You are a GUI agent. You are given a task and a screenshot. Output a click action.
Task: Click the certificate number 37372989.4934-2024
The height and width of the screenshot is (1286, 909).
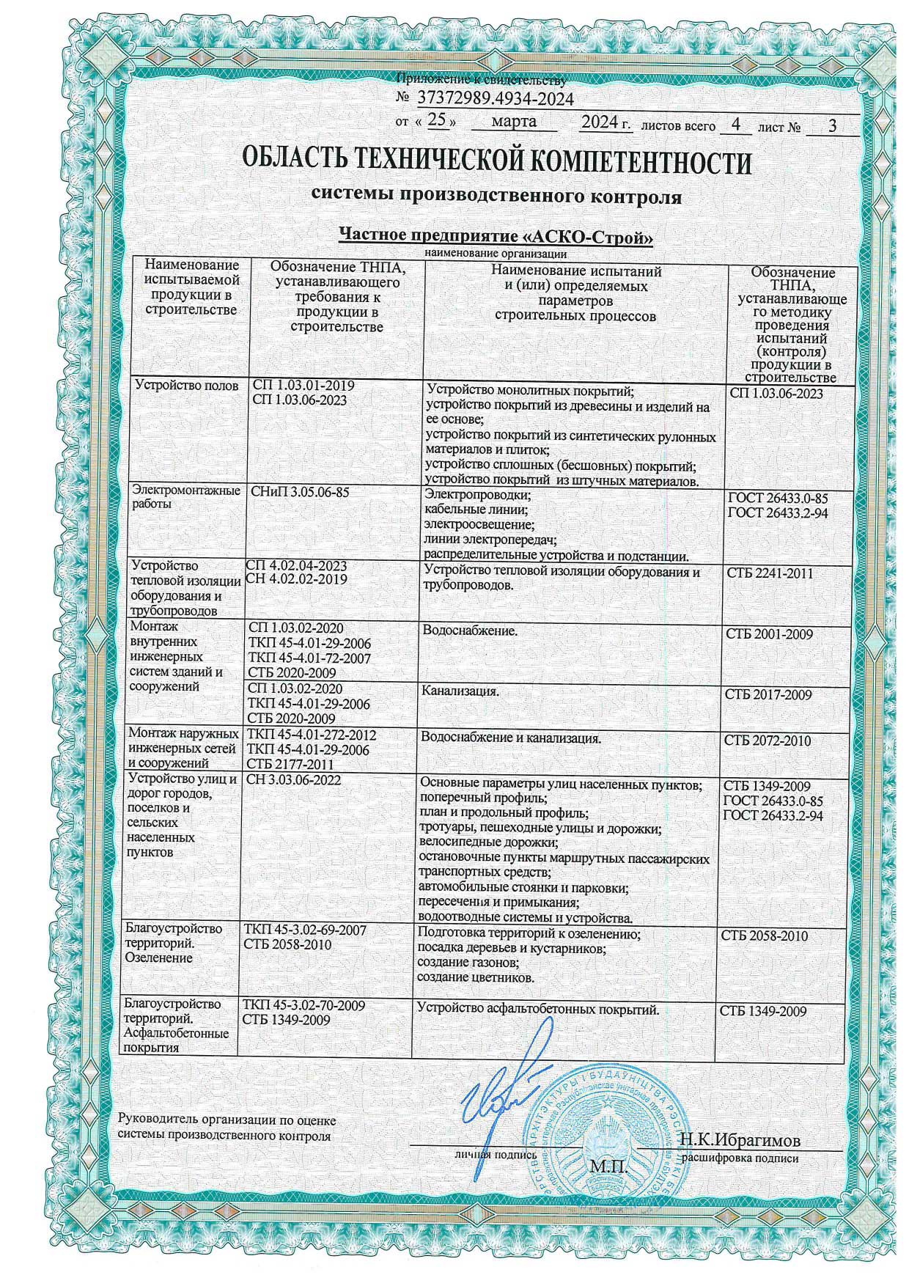click(495, 99)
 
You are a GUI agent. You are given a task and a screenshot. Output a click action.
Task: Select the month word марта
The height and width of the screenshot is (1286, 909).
click(513, 122)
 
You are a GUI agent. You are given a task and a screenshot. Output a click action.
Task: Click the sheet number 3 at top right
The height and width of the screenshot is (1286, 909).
click(831, 125)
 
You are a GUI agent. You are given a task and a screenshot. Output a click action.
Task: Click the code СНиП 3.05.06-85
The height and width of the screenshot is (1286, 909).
click(301, 493)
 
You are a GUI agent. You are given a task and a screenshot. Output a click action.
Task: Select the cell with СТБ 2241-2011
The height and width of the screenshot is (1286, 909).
click(770, 573)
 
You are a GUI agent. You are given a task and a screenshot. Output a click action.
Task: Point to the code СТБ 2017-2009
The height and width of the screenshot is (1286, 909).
click(768, 694)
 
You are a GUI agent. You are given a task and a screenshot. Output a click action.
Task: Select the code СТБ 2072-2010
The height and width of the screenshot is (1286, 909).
click(768, 741)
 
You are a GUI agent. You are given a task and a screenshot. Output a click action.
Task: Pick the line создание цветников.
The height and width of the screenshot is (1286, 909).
click(476, 977)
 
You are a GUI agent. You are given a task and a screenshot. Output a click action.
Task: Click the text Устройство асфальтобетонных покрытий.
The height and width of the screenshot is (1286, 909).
click(538, 1010)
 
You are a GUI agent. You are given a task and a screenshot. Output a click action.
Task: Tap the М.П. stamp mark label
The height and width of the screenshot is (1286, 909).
click(608, 1166)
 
